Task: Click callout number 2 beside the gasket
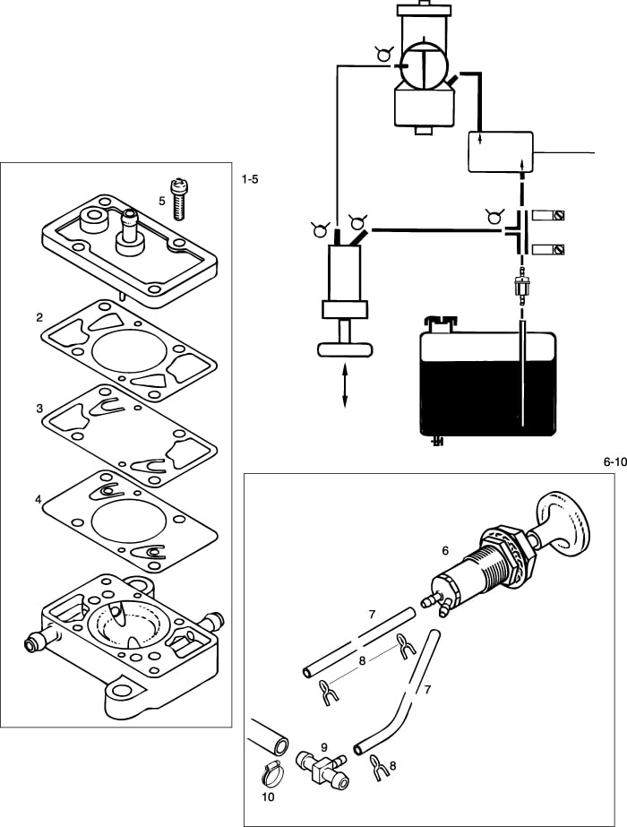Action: (39, 317)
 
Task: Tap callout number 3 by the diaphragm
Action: (39, 408)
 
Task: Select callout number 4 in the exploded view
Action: (39, 498)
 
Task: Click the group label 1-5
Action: (250, 180)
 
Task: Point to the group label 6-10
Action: (613, 462)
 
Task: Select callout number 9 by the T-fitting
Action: (324, 745)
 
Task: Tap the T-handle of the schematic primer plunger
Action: (346, 349)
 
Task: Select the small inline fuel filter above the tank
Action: (520, 289)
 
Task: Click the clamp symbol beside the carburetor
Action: (383, 55)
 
